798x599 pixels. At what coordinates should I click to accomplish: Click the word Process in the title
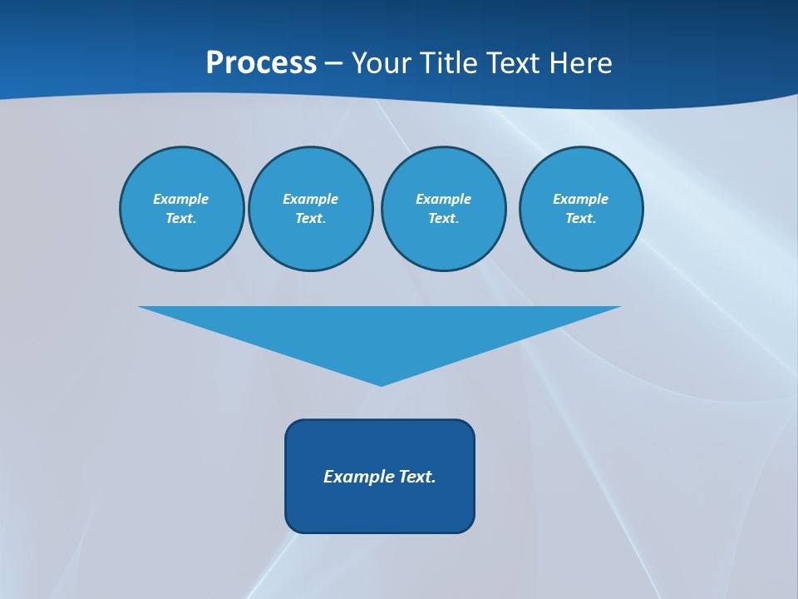pyautogui.click(x=261, y=63)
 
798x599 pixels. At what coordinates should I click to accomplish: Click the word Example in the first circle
pyautogui.click(x=180, y=199)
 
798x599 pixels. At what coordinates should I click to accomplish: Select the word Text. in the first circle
pyautogui.click(x=180, y=218)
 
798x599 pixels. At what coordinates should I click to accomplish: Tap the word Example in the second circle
pyautogui.click(x=310, y=199)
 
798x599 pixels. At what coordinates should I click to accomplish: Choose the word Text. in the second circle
pyautogui.click(x=310, y=218)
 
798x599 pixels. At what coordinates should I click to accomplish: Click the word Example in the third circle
pyautogui.click(x=443, y=199)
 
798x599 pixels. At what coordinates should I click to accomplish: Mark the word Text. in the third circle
pyautogui.click(x=443, y=218)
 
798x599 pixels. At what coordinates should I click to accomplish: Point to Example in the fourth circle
pyautogui.click(x=580, y=199)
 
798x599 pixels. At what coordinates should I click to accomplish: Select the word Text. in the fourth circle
pyautogui.click(x=580, y=218)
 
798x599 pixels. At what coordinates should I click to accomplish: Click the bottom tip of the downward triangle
pyautogui.click(x=381, y=384)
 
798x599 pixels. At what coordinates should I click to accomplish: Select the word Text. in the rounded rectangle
pyautogui.click(x=417, y=477)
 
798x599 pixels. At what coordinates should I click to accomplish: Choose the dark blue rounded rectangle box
pyautogui.click(x=380, y=507)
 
